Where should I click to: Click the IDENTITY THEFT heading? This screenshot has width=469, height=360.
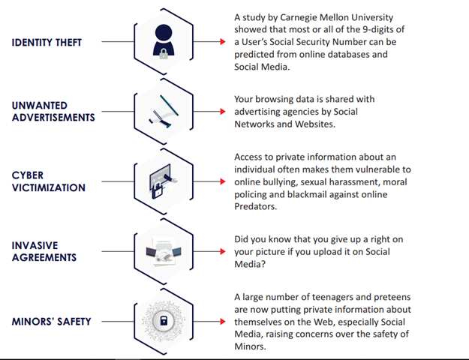point(47,43)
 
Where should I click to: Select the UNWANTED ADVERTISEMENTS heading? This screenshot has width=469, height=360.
point(53,111)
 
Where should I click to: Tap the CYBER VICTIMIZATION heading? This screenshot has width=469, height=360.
point(49,181)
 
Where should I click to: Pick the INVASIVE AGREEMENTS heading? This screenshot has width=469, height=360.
point(44,251)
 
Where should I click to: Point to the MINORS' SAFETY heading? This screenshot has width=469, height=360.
point(52,322)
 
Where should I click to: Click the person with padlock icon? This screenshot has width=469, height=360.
point(164,41)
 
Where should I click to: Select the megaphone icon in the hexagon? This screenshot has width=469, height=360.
point(164,112)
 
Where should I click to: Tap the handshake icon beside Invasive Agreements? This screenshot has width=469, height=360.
point(164,251)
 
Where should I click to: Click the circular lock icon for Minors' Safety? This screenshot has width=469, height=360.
point(164,321)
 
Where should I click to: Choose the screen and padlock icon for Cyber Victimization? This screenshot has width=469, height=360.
point(163,181)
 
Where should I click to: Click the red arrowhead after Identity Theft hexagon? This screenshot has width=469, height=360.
point(223,41)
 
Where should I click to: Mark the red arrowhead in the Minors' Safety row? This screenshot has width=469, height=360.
point(223,322)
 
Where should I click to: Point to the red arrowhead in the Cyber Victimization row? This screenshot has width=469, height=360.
point(223,181)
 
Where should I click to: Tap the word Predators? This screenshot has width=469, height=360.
point(255,206)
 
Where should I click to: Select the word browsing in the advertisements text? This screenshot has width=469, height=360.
point(274,99)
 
